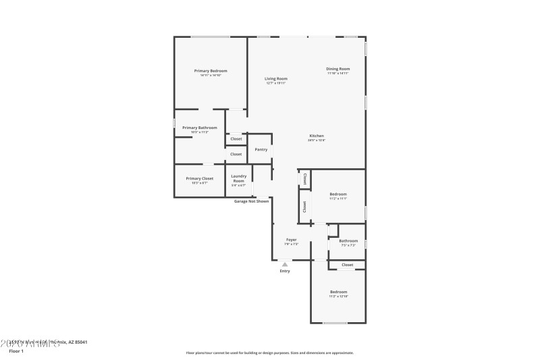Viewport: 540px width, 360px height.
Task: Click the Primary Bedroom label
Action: [211, 71]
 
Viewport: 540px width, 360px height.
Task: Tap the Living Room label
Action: [275, 78]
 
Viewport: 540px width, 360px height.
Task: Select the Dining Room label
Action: [338, 68]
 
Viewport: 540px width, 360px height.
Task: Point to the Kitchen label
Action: [317, 136]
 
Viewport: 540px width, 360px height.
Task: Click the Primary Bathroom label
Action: [200, 128]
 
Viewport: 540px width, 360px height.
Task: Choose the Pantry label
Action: [261, 149]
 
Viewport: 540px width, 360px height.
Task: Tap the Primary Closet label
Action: [200, 178]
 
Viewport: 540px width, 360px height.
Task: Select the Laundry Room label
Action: [239, 178]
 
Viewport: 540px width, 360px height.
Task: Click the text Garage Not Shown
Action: [251, 201]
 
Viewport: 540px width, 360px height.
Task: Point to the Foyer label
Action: [292, 240]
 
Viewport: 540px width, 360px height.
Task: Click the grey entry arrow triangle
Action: [285, 264]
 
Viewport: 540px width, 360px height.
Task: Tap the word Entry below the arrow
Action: [285, 272]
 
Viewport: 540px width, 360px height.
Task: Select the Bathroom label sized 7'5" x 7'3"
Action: [348, 241]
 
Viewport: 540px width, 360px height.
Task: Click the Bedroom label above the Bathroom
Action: [337, 194]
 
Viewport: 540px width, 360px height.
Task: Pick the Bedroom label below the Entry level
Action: [338, 292]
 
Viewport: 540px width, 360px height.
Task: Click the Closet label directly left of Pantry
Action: [236, 154]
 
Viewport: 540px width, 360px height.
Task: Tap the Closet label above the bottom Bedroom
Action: [347, 265]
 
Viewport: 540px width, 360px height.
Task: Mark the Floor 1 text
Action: [16, 351]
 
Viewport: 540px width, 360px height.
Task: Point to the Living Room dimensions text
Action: [275, 83]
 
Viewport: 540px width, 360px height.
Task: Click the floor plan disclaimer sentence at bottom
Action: [269, 353]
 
